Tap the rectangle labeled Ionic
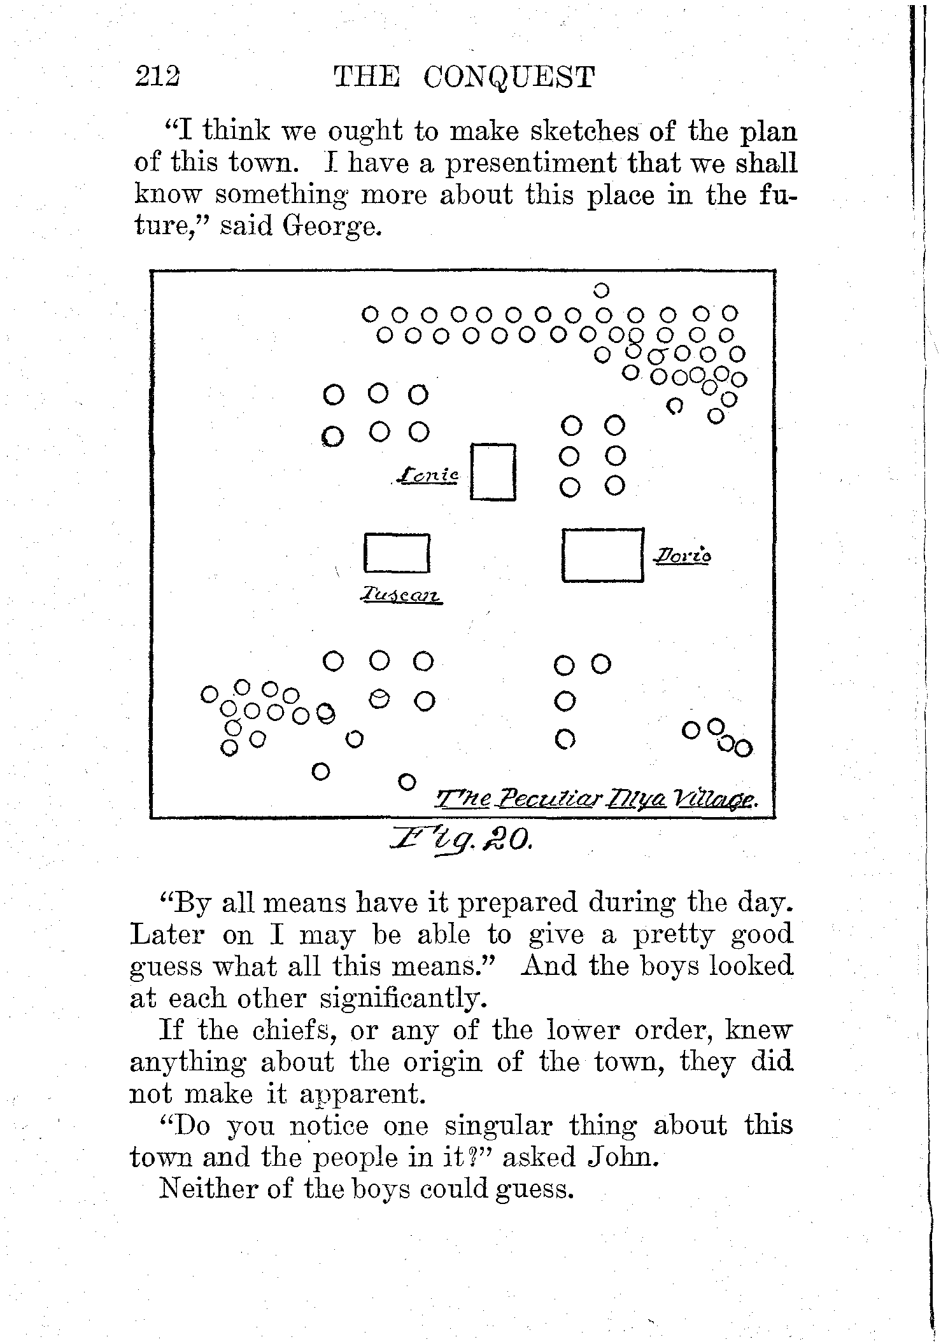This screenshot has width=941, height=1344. tap(493, 472)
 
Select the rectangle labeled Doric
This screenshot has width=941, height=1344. tap(603, 555)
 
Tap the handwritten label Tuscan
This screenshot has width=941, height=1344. tap(400, 596)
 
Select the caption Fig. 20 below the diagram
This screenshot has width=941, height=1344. tap(463, 844)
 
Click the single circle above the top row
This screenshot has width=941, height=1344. tap(601, 291)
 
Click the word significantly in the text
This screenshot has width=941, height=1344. tap(404, 998)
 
